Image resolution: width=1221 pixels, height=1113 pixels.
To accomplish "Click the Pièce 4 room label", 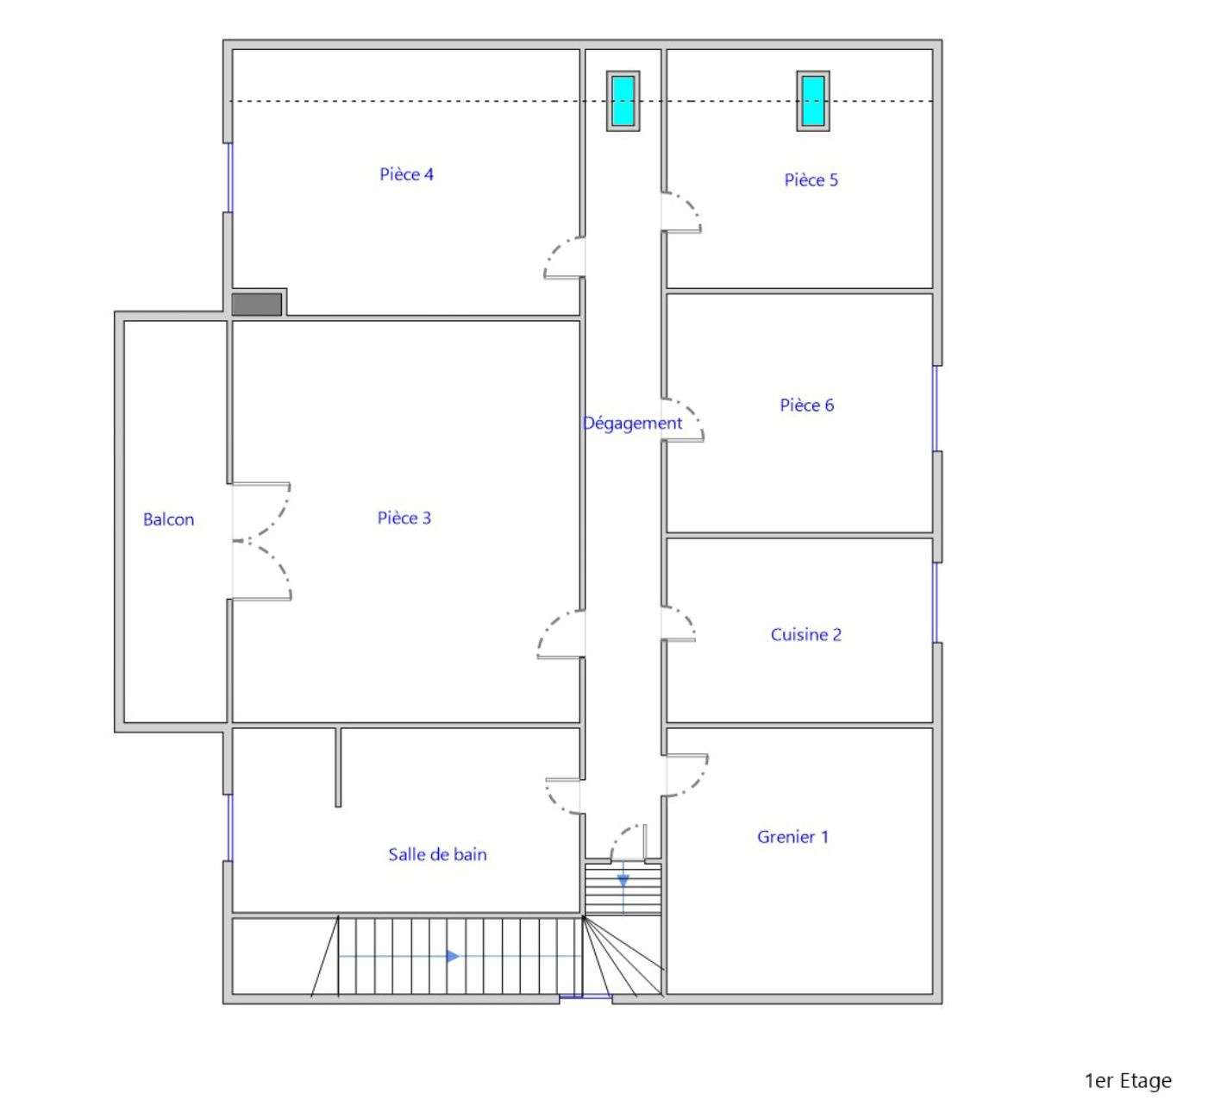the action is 406,174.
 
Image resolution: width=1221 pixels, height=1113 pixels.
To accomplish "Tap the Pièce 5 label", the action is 811,179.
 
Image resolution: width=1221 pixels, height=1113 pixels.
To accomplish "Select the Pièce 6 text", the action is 806,406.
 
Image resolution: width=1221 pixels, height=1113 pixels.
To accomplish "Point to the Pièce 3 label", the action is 404,518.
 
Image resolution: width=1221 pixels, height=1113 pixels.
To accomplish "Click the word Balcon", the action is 169,519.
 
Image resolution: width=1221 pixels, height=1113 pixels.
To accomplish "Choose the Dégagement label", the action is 632,424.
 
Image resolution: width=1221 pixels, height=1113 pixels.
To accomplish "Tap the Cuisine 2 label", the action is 806,635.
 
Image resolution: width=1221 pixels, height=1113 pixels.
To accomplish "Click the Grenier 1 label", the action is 792,837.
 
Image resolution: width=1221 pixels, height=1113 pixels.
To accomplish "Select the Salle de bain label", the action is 438,855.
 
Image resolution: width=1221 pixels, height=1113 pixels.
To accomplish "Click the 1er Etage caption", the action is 1128,1081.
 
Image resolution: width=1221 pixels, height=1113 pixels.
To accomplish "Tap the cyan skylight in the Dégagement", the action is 623,101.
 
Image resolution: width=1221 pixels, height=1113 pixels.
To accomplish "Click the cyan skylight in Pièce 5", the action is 812,101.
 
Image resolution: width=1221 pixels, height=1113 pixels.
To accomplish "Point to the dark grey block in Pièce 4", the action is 256,305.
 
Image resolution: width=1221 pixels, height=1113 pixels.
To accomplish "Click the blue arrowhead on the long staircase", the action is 453,957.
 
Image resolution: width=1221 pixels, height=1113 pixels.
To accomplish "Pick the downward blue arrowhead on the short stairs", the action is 623,881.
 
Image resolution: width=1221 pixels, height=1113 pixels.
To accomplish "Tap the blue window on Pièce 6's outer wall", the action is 936,408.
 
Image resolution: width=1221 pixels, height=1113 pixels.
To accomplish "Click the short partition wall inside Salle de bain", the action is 338,768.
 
